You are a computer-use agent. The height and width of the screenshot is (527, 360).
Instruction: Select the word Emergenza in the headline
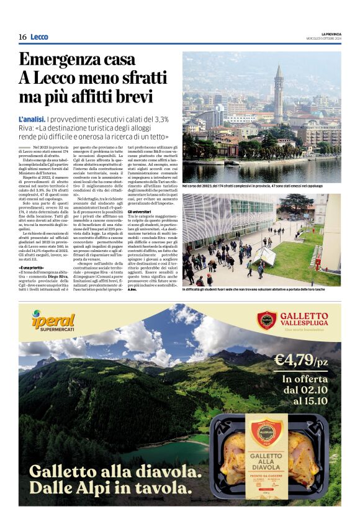point(66,60)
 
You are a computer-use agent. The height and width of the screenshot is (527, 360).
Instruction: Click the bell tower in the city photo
point(279,93)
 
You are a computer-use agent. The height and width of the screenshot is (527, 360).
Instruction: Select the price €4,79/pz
point(302,360)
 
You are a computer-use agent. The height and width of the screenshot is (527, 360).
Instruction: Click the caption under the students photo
point(261,290)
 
